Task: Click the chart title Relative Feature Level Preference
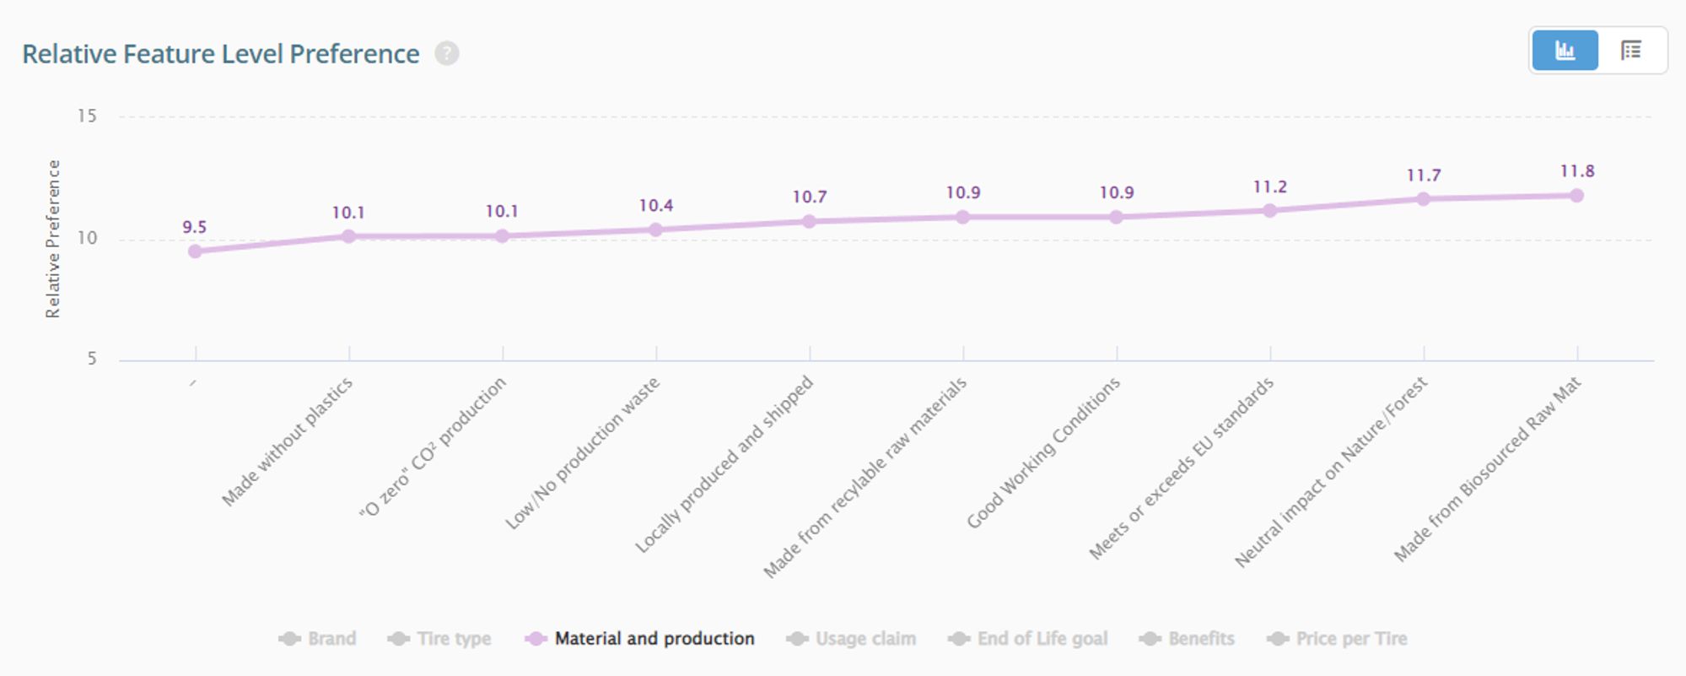(220, 54)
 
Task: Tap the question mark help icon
(447, 54)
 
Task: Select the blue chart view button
(1565, 51)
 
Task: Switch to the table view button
(1631, 51)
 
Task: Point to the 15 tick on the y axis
(87, 116)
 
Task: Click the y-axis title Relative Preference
(53, 239)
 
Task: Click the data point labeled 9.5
(195, 251)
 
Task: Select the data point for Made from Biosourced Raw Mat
(1576, 196)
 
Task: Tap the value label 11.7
(1424, 176)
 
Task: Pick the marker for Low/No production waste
(655, 230)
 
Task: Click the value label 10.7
(809, 197)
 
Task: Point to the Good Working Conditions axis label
(1043, 452)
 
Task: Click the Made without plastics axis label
(287, 441)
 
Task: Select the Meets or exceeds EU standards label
(1181, 468)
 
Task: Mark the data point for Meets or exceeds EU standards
(1269, 210)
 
